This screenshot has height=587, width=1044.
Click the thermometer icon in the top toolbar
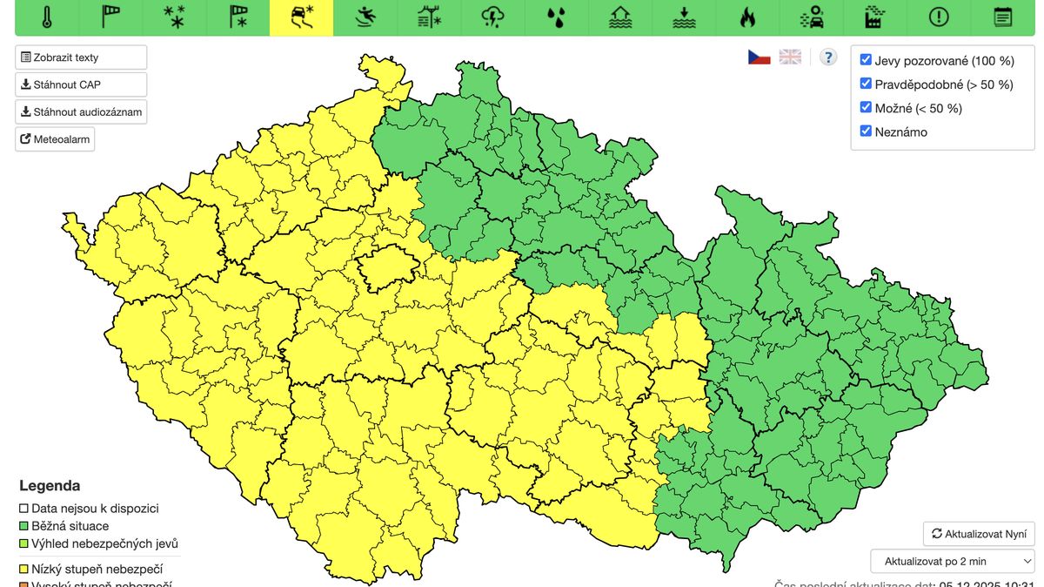(47, 17)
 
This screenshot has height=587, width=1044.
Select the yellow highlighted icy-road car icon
(302, 17)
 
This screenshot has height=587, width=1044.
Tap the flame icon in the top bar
(747, 17)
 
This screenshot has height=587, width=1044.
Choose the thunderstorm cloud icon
(493, 17)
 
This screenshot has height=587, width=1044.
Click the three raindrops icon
(556, 17)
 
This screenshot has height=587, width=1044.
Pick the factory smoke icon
(874, 17)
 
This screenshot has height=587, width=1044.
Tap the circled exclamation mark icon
(939, 17)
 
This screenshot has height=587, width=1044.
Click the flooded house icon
(620, 17)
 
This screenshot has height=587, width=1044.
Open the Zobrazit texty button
(81, 57)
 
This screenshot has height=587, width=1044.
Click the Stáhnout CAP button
(81, 84)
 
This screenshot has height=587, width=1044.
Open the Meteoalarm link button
(55, 139)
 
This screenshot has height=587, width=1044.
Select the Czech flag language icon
(760, 57)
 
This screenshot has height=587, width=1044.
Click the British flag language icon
(790, 57)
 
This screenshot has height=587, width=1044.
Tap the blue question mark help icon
(828, 57)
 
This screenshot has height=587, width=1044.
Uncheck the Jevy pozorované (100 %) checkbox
(866, 60)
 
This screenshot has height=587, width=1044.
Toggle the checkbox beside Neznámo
(866, 132)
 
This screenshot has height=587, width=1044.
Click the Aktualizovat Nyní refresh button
(979, 534)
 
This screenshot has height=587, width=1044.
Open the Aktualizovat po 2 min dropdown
(953, 561)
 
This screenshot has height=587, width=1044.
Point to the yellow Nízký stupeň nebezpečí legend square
(24, 569)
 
